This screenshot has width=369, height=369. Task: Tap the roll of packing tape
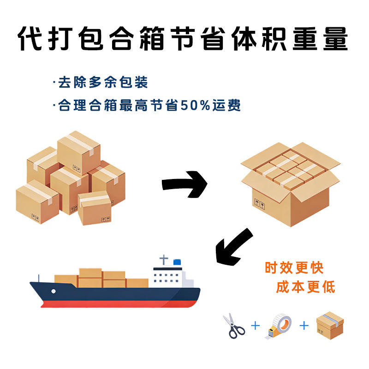click(279, 326)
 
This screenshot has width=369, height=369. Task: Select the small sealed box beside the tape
click(330, 326)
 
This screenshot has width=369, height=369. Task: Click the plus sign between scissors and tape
click(256, 326)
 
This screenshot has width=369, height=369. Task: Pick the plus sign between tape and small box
click(304, 326)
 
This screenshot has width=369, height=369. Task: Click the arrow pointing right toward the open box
click(185, 184)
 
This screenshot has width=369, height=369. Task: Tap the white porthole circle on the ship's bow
click(54, 292)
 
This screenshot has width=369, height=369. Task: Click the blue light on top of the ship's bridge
click(177, 262)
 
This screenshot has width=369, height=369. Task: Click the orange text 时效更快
click(294, 268)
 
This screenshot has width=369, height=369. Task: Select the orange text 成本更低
click(305, 287)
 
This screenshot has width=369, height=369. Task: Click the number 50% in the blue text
click(195, 105)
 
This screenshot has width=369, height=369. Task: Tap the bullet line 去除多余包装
click(101, 82)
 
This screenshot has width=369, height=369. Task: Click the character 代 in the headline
click(30, 39)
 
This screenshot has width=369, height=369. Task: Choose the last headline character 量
click(336, 39)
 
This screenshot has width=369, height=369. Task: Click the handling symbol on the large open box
click(260, 204)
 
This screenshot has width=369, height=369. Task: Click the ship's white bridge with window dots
click(167, 277)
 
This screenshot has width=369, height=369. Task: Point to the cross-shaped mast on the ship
click(164, 260)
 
